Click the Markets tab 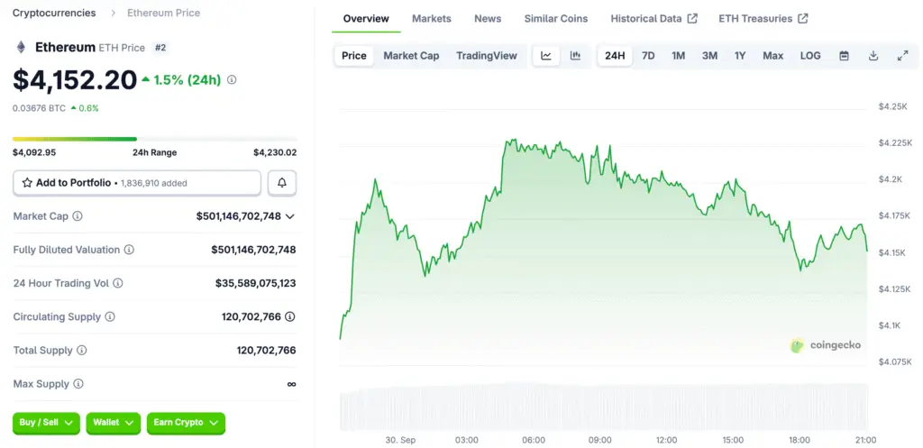[x=431, y=19]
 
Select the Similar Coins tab [x=555, y=19]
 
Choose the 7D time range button [x=648, y=56]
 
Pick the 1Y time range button [x=740, y=56]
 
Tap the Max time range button [x=772, y=56]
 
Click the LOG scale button [x=810, y=56]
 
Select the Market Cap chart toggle [x=411, y=56]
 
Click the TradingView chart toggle [x=487, y=56]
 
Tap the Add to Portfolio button [x=137, y=183]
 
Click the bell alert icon [x=282, y=183]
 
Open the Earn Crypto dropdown [x=186, y=423]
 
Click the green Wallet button [x=114, y=423]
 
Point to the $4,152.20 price [x=75, y=80]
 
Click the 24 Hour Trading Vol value [x=255, y=283]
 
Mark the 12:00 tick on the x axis [x=666, y=440]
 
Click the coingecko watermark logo [x=825, y=345]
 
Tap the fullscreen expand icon [x=902, y=56]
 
